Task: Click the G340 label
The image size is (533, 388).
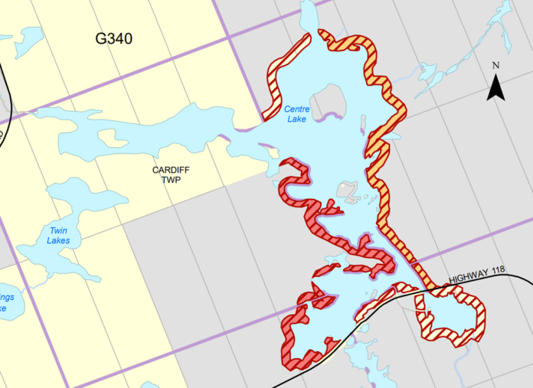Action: point(113,39)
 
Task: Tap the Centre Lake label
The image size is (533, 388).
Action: point(296,115)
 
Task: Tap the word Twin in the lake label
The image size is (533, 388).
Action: point(59,230)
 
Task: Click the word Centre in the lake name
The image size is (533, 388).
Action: point(296,109)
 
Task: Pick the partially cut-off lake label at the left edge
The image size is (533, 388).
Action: point(6,302)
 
